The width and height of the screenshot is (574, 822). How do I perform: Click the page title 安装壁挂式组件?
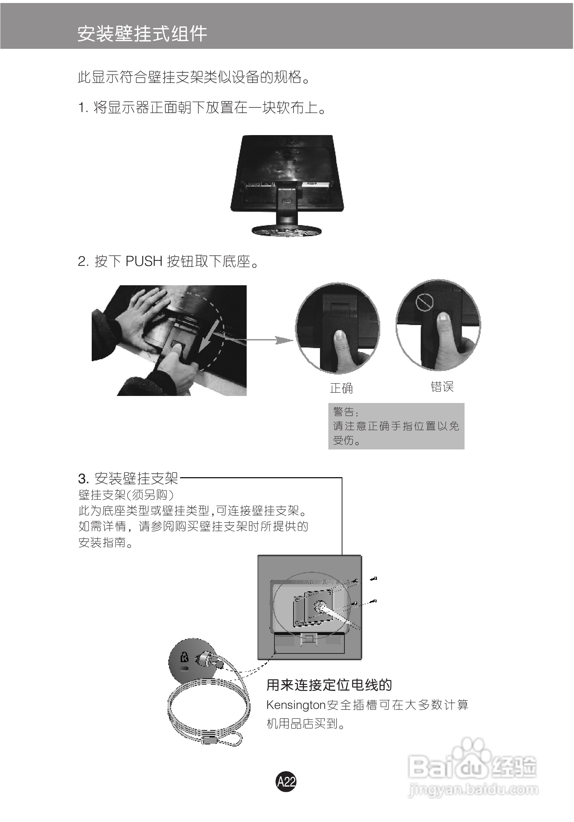(142, 34)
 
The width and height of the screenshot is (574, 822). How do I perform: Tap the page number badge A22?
(286, 781)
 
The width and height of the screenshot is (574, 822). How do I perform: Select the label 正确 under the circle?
(341, 388)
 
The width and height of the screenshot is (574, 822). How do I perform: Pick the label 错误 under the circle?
(442, 387)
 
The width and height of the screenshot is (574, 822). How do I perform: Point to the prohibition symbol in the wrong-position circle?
(424, 303)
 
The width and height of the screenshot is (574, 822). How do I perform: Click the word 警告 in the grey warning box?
(344, 412)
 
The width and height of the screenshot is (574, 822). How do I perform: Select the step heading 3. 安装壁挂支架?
(128, 478)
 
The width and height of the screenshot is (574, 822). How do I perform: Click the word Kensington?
(296, 705)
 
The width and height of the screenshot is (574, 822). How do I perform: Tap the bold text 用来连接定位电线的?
(329, 685)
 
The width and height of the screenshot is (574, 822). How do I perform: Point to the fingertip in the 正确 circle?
(339, 335)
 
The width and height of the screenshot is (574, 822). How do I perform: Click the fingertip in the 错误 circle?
(443, 317)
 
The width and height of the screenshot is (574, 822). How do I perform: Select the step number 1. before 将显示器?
(83, 108)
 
